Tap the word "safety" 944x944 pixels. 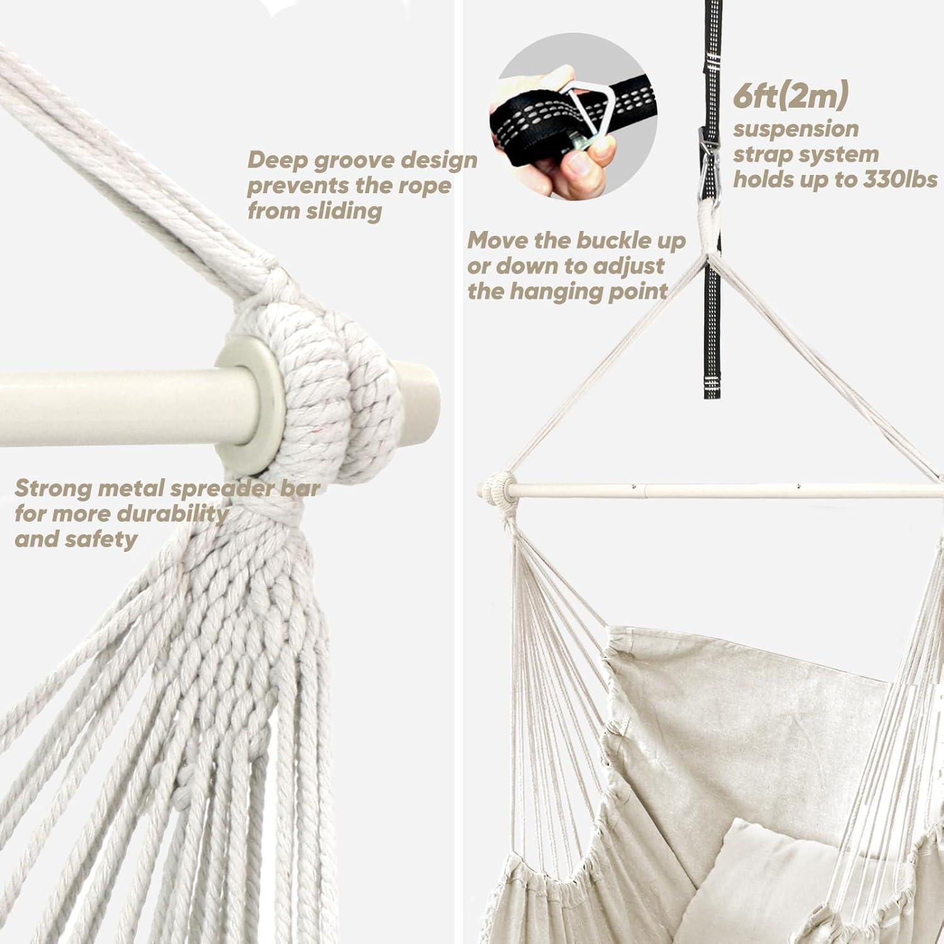pos(98,539)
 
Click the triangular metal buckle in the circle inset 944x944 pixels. pos(588,115)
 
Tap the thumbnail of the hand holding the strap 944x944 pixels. pos(573,121)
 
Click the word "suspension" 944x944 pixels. pos(795,130)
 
